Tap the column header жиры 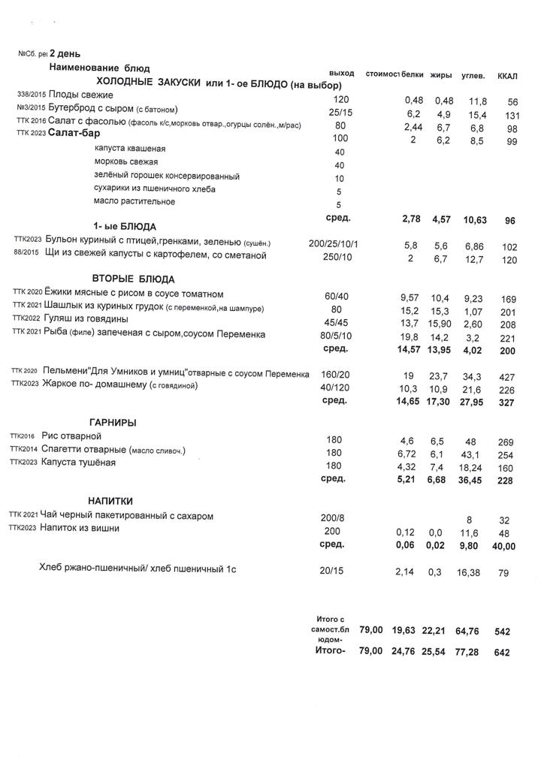[x=442, y=76]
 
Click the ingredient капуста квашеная [x=130, y=149]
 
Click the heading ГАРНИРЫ [x=113, y=423]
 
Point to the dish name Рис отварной [x=71, y=436]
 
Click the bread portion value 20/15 [x=331, y=571]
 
